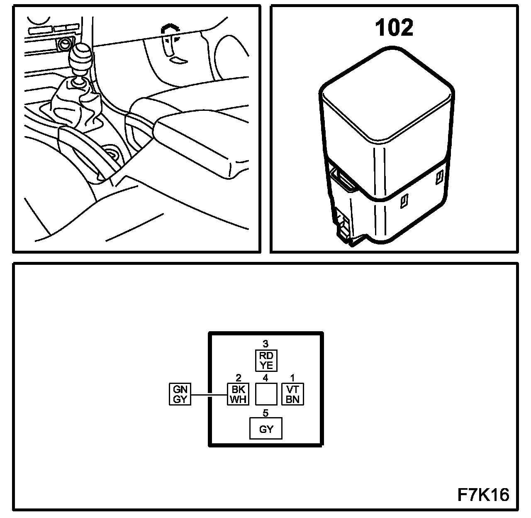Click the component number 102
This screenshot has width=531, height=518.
click(394, 28)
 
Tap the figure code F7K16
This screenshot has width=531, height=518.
click(483, 495)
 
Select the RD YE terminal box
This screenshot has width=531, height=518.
click(266, 360)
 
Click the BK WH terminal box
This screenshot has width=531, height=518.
click(238, 394)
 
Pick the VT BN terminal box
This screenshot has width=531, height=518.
click(293, 394)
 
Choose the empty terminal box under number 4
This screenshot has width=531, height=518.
click(266, 394)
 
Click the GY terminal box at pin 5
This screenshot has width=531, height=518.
click(265, 429)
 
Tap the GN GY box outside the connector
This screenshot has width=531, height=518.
click(180, 394)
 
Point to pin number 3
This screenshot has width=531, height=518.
click(266, 344)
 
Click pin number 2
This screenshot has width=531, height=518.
click(238, 378)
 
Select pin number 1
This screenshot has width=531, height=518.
click(293, 378)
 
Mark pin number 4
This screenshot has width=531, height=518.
click(266, 378)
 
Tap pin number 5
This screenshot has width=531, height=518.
click(265, 413)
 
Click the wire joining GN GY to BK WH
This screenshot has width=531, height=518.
click(209, 394)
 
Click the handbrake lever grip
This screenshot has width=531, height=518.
click(195, 145)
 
